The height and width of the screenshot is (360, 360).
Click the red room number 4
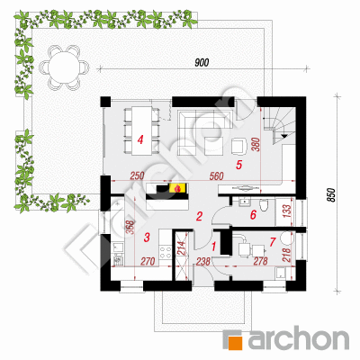pos(140,139)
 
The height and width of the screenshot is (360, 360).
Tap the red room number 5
pos(238,165)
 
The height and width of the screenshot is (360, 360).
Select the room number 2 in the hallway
pos(199,216)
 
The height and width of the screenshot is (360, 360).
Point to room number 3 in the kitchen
pos(147,238)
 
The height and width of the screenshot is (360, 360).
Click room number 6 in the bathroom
pos(253,215)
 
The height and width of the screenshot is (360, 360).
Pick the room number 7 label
pos(273,242)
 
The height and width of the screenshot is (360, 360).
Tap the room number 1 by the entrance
pos(214,247)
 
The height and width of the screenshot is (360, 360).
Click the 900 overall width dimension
pos(202,63)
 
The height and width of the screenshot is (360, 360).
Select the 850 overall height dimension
pos(330,195)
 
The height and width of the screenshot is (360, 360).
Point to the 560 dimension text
pos(217,176)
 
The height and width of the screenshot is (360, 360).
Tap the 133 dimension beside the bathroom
pos(286,211)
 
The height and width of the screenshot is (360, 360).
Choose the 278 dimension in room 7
pos(260,261)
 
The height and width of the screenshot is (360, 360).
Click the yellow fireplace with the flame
pos(178,188)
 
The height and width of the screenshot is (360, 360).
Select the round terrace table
pos(65,67)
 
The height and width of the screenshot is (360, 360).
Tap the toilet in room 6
pos(265,205)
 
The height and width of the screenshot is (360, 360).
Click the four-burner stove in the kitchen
pos(165,252)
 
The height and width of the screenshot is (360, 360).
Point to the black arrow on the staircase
pos(283,136)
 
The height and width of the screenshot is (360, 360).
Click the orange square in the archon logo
pos(236,343)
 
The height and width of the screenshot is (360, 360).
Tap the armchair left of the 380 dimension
pos(238,146)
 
